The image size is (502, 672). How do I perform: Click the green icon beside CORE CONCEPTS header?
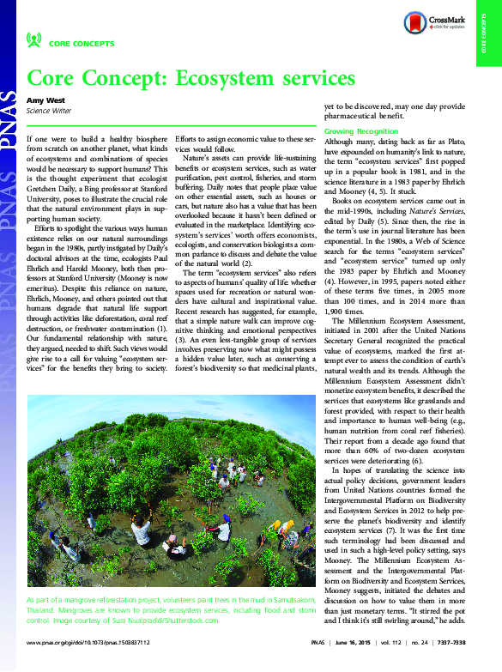(34, 39)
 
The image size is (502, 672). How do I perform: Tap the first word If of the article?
(31, 137)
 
